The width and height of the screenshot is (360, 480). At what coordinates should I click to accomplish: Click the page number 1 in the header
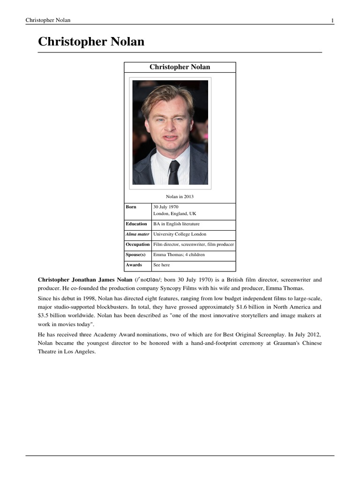332,20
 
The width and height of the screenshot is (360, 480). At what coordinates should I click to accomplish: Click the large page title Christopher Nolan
91,42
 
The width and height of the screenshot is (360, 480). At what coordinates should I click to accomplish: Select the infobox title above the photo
180,67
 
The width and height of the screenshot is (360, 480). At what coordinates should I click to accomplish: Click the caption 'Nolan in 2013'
180,196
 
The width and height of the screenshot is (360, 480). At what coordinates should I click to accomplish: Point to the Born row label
131,207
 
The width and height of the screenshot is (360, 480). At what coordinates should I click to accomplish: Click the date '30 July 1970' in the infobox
166,207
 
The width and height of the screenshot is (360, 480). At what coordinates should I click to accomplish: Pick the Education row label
136,224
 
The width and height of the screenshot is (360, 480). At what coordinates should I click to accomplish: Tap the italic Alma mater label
137,234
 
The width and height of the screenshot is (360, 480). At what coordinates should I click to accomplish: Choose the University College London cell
180,234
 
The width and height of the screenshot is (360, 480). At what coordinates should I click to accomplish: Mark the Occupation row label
138,245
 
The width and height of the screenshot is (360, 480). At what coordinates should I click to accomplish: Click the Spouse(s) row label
135,255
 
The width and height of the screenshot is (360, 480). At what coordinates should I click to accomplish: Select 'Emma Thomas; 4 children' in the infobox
179,255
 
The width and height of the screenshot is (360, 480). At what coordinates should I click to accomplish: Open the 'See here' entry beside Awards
162,265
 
